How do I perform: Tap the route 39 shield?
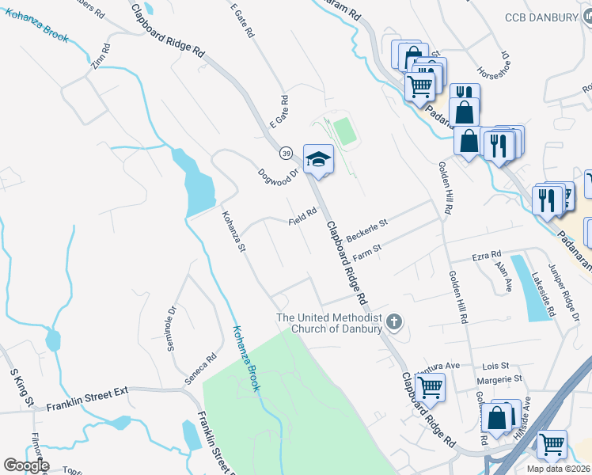(x=286, y=152)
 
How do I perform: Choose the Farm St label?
(x=367, y=252)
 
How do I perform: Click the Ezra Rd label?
(x=487, y=255)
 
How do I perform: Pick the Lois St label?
(x=495, y=367)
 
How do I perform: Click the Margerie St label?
(x=499, y=381)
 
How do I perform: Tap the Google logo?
(x=26, y=465)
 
